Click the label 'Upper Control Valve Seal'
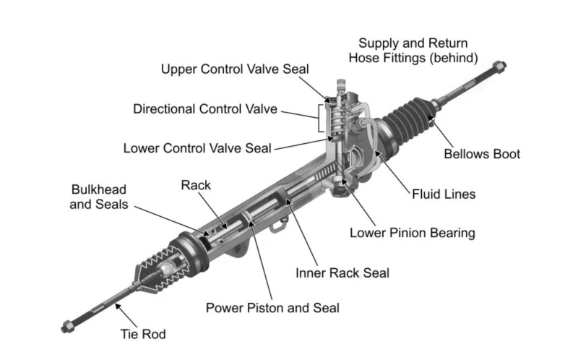coord(234,69)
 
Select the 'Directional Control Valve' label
coord(205,109)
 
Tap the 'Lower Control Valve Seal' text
coord(197,149)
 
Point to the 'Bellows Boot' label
coord(481,154)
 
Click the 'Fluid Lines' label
coord(444,194)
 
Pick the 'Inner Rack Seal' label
coord(342,273)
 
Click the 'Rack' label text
coord(195,185)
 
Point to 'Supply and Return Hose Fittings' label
coord(413,50)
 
